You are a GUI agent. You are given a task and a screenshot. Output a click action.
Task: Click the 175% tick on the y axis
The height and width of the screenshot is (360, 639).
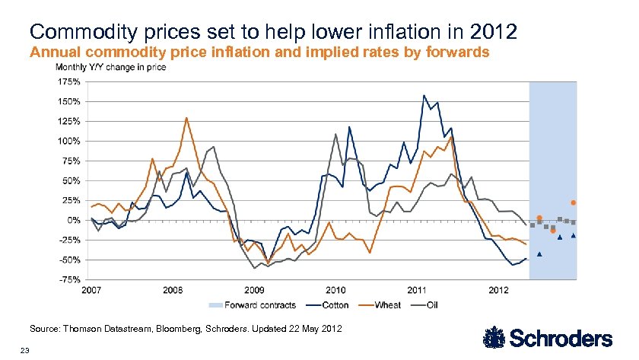69,81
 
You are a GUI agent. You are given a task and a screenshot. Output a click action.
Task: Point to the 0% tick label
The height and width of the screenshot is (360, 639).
74,220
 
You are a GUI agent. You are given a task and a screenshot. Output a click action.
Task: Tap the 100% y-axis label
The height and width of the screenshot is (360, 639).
69,141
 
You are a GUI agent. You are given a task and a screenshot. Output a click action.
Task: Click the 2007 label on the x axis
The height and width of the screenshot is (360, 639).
91,290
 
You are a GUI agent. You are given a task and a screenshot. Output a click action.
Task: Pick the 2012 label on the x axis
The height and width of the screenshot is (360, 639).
498,290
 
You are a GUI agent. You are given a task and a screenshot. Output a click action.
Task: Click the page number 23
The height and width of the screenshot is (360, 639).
25,350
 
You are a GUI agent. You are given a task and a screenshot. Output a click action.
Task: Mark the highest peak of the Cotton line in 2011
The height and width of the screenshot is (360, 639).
424,95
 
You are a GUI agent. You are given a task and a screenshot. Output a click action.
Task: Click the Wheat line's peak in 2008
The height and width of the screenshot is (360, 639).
186,118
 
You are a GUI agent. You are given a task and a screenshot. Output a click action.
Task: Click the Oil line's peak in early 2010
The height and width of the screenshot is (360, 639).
335,134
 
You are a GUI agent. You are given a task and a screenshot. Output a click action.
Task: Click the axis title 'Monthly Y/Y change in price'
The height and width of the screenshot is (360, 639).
110,67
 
